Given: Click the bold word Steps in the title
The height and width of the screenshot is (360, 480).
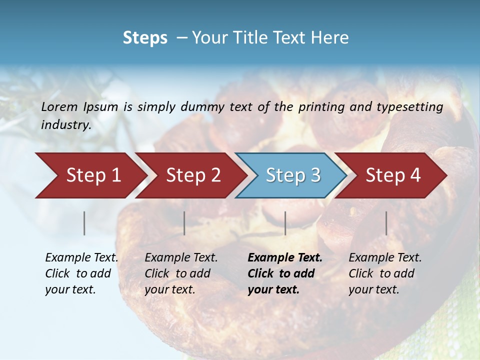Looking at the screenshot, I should pyautogui.click(x=145, y=38).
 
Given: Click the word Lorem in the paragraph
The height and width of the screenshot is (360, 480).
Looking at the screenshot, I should pyautogui.click(x=59, y=106).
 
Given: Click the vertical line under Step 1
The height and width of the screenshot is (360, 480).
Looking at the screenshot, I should pyautogui.click(x=84, y=223).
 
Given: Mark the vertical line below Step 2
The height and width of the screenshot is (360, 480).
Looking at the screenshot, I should pyautogui.click(x=184, y=223).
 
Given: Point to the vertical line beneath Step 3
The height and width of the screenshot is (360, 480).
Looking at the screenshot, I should pyautogui.click(x=285, y=223).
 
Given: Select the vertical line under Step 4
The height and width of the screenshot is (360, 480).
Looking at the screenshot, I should pyautogui.click(x=386, y=223).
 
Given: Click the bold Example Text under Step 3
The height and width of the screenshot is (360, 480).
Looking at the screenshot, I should pyautogui.click(x=285, y=258).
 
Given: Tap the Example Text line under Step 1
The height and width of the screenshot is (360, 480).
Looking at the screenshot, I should pyautogui.click(x=81, y=258).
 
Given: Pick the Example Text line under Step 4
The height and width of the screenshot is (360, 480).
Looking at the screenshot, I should pyautogui.click(x=385, y=258).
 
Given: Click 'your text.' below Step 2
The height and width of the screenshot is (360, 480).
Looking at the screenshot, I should pyautogui.click(x=170, y=289).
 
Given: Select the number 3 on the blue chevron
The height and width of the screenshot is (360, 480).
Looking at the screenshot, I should pyautogui.click(x=315, y=175).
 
